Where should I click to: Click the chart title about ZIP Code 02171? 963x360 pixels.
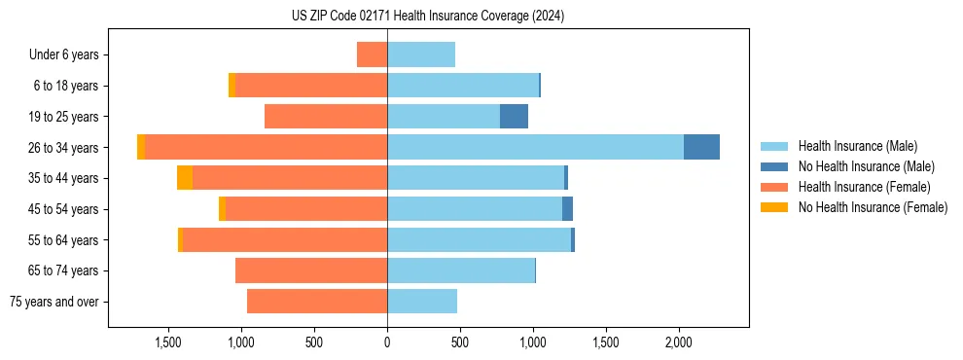[x=428, y=17]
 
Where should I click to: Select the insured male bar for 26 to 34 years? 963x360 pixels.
[x=535, y=147]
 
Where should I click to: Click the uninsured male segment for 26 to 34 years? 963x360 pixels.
[x=701, y=147]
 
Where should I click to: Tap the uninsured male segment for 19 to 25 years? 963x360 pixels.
[x=514, y=117]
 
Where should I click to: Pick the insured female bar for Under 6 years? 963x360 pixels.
[x=372, y=54]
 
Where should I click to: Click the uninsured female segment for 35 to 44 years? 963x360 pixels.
[x=185, y=178]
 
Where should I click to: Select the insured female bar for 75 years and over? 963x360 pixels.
[x=317, y=302]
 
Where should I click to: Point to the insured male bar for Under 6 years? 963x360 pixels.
[x=421, y=54]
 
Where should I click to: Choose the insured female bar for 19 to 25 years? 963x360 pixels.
[x=326, y=117]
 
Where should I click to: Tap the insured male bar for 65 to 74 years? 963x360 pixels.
[x=461, y=270]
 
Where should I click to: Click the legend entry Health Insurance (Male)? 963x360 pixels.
[x=857, y=146]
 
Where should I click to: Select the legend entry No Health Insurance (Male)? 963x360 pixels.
[x=866, y=166]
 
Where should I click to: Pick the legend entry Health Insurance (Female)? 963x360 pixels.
[x=864, y=187]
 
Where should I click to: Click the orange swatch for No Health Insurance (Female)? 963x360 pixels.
[x=774, y=207]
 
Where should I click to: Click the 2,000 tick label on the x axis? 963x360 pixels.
[x=678, y=342]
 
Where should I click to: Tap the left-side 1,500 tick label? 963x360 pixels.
[x=168, y=342]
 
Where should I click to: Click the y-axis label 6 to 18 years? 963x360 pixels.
[x=66, y=86]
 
